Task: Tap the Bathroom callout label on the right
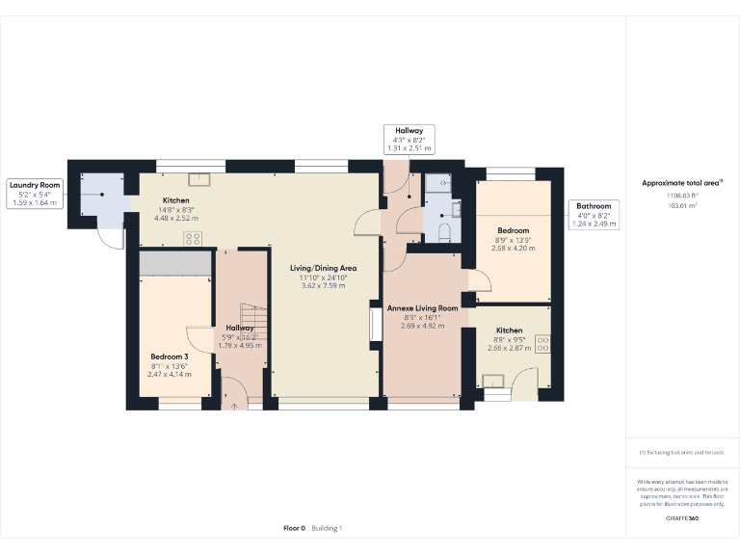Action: [x=594, y=214]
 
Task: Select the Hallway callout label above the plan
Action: [x=410, y=139]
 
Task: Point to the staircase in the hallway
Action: [x=252, y=318]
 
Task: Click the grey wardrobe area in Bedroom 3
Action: [x=174, y=262]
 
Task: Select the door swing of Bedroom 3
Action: [x=199, y=340]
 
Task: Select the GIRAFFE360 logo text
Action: [x=682, y=519]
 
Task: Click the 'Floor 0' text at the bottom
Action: [x=294, y=528]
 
